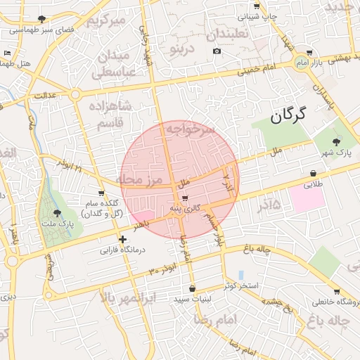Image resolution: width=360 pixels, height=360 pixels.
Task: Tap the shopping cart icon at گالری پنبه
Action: pos(185,199)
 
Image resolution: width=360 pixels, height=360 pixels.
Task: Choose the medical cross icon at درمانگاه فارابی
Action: pos(124,239)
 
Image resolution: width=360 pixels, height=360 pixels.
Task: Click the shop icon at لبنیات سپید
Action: pos(193,288)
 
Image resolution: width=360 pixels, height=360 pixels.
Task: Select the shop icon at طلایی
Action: pos(312,174)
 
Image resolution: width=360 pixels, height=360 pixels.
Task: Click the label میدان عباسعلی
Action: pos(110,63)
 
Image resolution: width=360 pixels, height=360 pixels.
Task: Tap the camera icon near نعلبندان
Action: pos(217,51)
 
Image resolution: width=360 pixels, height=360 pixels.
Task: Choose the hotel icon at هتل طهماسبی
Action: pos(8,53)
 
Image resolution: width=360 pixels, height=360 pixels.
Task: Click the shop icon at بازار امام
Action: pos(310,52)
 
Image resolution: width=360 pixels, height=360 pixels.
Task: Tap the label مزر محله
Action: pos(139,180)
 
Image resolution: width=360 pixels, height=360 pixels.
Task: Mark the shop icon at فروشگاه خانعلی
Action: pos(337,292)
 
